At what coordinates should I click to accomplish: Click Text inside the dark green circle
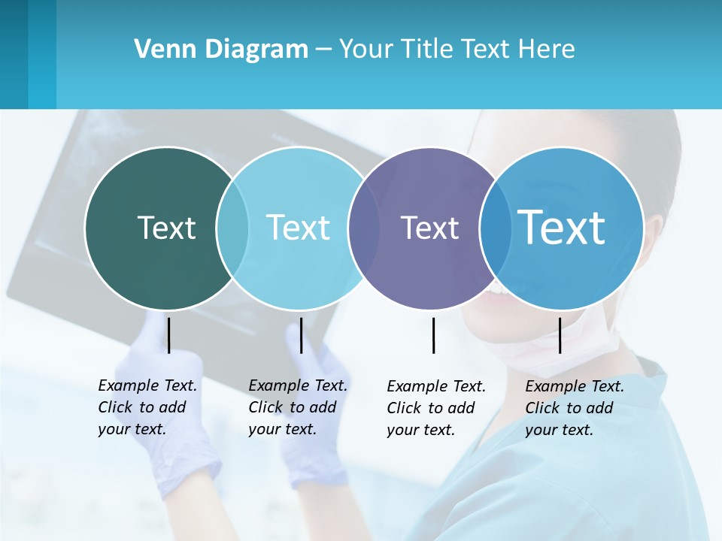(x=166, y=228)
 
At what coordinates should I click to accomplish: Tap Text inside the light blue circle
(x=299, y=228)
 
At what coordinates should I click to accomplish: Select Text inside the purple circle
(x=429, y=228)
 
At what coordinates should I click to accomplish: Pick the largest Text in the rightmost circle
(x=562, y=227)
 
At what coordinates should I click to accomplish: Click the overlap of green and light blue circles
(x=232, y=228)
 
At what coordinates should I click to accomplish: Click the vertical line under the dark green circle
(x=168, y=335)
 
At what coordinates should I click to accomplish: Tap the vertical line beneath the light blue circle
(x=301, y=335)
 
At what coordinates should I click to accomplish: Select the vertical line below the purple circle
(x=434, y=335)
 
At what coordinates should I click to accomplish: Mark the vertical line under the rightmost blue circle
(x=560, y=335)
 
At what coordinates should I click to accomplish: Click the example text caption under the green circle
(x=147, y=407)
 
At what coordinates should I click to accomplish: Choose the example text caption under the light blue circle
(x=298, y=407)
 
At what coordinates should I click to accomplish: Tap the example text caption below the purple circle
(x=436, y=408)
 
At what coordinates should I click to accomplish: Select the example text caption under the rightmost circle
(x=575, y=408)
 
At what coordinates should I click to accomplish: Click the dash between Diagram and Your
(x=323, y=49)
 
